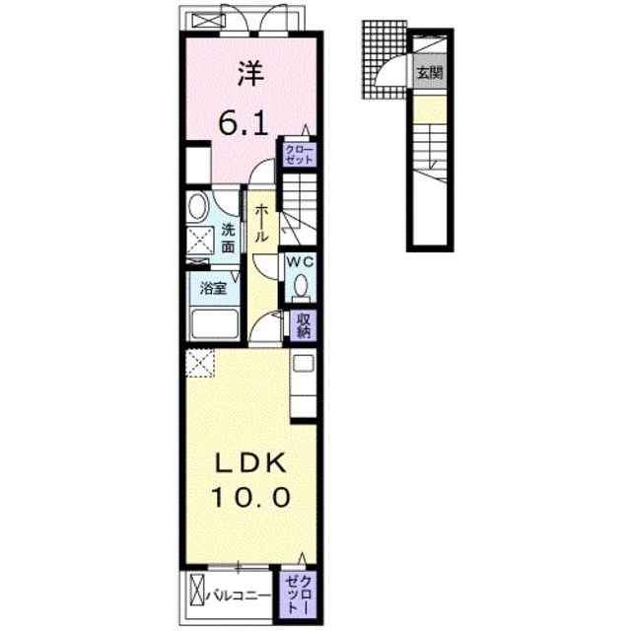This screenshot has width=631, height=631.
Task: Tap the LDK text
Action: coord(249,461)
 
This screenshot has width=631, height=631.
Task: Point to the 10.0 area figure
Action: coord(249,497)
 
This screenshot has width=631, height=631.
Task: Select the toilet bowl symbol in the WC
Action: coord(300,287)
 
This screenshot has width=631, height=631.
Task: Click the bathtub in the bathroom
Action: coord(214,324)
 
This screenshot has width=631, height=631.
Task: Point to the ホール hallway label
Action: coord(261,225)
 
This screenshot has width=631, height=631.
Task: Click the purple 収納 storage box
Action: coord(302,325)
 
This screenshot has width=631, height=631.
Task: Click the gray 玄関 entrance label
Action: coord(429,74)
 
